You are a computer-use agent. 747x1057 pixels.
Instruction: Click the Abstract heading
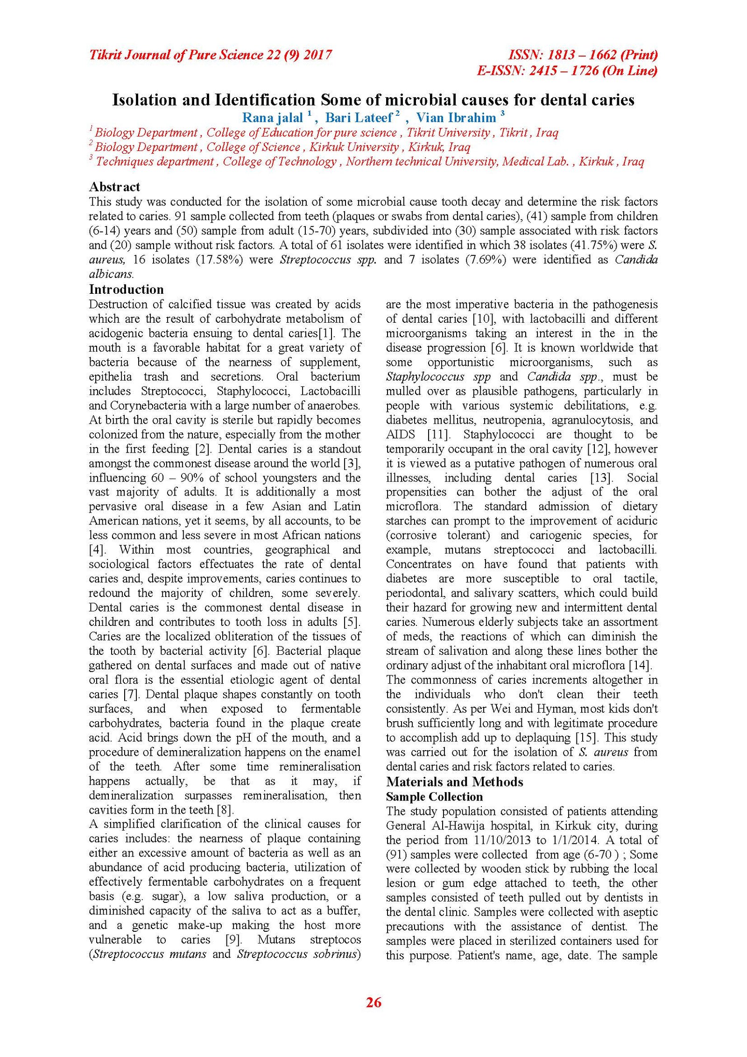[114, 187]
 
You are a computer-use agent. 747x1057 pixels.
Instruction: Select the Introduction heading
[127, 289]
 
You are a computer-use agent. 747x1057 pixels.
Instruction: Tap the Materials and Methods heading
[454, 782]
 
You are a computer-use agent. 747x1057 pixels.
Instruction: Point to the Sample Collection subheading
[434, 797]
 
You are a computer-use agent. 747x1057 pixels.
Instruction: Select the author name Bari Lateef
[359, 118]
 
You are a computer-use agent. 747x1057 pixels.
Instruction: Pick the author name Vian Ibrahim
[456, 118]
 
